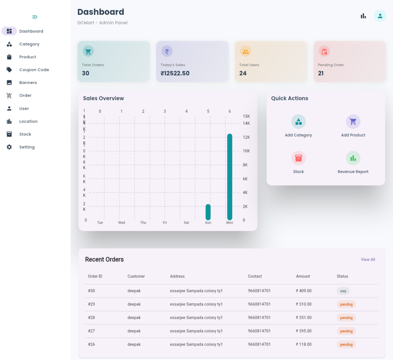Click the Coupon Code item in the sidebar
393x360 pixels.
pos(34,70)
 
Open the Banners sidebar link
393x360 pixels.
pos(28,82)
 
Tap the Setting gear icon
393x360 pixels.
pos(9,147)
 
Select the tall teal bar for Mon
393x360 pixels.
pos(230,177)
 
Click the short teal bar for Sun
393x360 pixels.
pos(208,212)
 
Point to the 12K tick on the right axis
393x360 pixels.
pos(246,137)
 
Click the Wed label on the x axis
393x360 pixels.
pos(122,223)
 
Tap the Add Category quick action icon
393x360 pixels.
pos(298,121)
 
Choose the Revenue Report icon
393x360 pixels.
pos(353,158)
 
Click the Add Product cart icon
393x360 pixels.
pos(353,121)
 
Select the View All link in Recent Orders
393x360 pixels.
pos(368,260)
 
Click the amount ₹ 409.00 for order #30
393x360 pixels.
pos(304,291)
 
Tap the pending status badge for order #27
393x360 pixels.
pos(346,331)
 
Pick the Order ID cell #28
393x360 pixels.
pos(91,318)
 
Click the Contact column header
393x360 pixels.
pos(255,276)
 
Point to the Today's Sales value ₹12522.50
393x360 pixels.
pos(175,74)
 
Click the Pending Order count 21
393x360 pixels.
pos(321,74)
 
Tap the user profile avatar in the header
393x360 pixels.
pos(380,16)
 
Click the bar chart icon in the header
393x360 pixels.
pos(363,16)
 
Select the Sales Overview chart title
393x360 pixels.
pos(103,98)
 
